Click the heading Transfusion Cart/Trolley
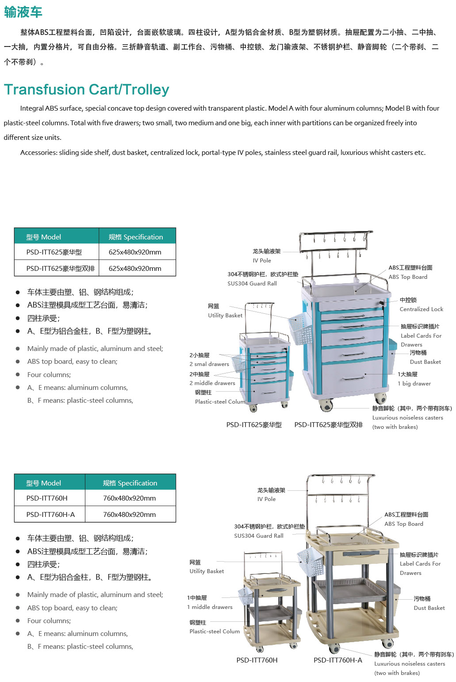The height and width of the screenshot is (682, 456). coord(87,89)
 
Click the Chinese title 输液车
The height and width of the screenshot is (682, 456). coord(23,12)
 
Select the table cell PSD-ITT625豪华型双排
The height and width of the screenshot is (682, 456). coord(61,268)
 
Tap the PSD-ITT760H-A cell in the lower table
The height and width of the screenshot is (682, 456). coord(50,514)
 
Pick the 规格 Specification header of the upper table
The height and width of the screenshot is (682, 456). coord(136,237)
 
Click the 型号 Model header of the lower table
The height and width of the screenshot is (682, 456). coord(43,483)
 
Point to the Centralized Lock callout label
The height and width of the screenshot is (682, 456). coord(421,309)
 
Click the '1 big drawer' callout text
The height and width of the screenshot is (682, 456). coord(414,383)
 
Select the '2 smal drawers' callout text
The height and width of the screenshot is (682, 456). coord(209,364)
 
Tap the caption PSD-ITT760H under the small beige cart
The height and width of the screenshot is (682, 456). coord(257,660)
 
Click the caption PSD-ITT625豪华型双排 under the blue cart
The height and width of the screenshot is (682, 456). coord(329,425)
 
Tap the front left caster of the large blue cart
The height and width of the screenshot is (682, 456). coord(326,405)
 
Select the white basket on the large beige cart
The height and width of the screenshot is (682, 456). coord(310,562)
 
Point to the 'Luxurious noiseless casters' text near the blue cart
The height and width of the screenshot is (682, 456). coord(407,417)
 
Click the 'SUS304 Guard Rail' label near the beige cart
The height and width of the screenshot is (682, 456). coord(259,536)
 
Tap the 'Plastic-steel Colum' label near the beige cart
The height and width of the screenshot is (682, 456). coord(215,631)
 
